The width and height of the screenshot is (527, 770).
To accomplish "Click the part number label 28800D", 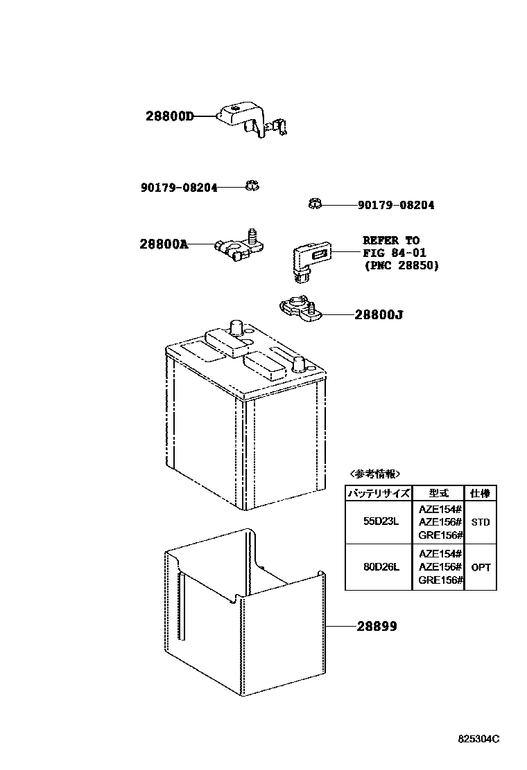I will pos(169,116).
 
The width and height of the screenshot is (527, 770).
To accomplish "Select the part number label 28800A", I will pos(164,244).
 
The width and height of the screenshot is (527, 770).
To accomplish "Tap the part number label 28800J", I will pos(379,315).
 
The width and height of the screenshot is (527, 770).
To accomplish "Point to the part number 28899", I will pos(377,626).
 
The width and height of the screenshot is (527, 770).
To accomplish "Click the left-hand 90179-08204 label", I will pos(178,187).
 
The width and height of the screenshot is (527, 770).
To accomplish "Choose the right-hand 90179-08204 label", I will pos(396,206).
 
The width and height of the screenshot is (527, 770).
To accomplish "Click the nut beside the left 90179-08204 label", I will pos(252,185).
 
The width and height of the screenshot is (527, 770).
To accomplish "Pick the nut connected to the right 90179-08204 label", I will pos(313,204).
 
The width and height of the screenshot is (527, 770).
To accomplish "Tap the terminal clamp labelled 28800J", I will pos(297,309).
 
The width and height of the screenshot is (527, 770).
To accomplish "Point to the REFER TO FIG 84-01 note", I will pos(401,253).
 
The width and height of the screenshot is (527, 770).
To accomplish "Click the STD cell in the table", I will pos(481,521).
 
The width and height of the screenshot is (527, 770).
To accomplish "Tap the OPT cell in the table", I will pos(481,567).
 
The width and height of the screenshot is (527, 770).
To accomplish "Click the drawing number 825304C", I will pos(478,739).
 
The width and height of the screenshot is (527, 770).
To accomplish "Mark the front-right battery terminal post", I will pos(299,363).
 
